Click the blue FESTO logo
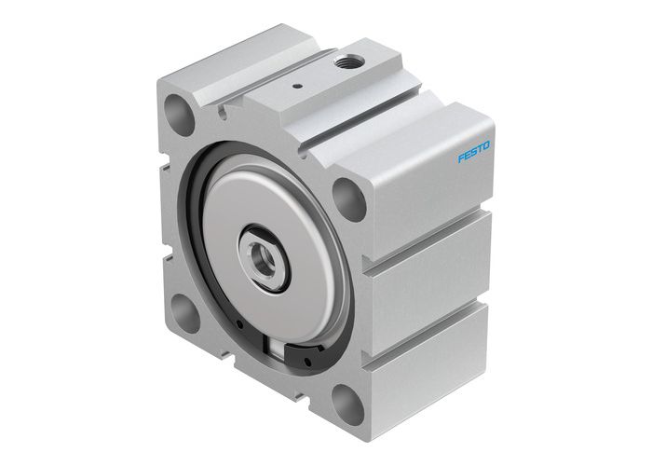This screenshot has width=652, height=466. pos(474,152)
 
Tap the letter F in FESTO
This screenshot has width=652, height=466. pos(461,159)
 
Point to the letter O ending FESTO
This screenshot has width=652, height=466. pos(487,144)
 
